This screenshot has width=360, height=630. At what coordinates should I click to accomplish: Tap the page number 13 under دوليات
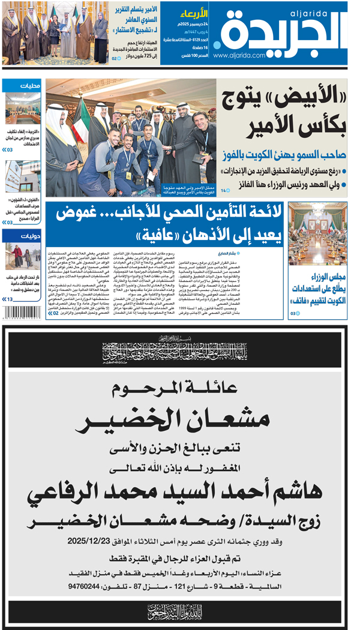coord(10,299)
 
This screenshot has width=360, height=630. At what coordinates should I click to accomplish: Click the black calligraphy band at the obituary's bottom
coord(180,612)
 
